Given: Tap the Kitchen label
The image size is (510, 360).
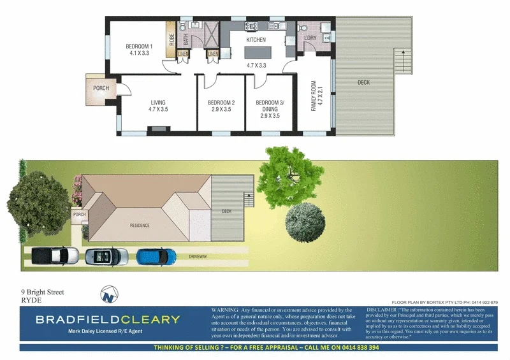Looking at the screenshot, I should (256, 40).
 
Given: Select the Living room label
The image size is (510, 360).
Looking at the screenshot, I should (158, 106).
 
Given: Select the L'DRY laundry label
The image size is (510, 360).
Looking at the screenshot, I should (310, 38).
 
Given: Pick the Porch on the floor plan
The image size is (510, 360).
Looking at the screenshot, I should (101, 89).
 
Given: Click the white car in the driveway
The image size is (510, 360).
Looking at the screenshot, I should (55, 256).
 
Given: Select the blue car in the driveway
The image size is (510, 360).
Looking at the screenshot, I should (156, 256).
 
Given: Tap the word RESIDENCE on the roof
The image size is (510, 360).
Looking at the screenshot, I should (140, 226).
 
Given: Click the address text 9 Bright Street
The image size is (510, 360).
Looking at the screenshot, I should (43, 292).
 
